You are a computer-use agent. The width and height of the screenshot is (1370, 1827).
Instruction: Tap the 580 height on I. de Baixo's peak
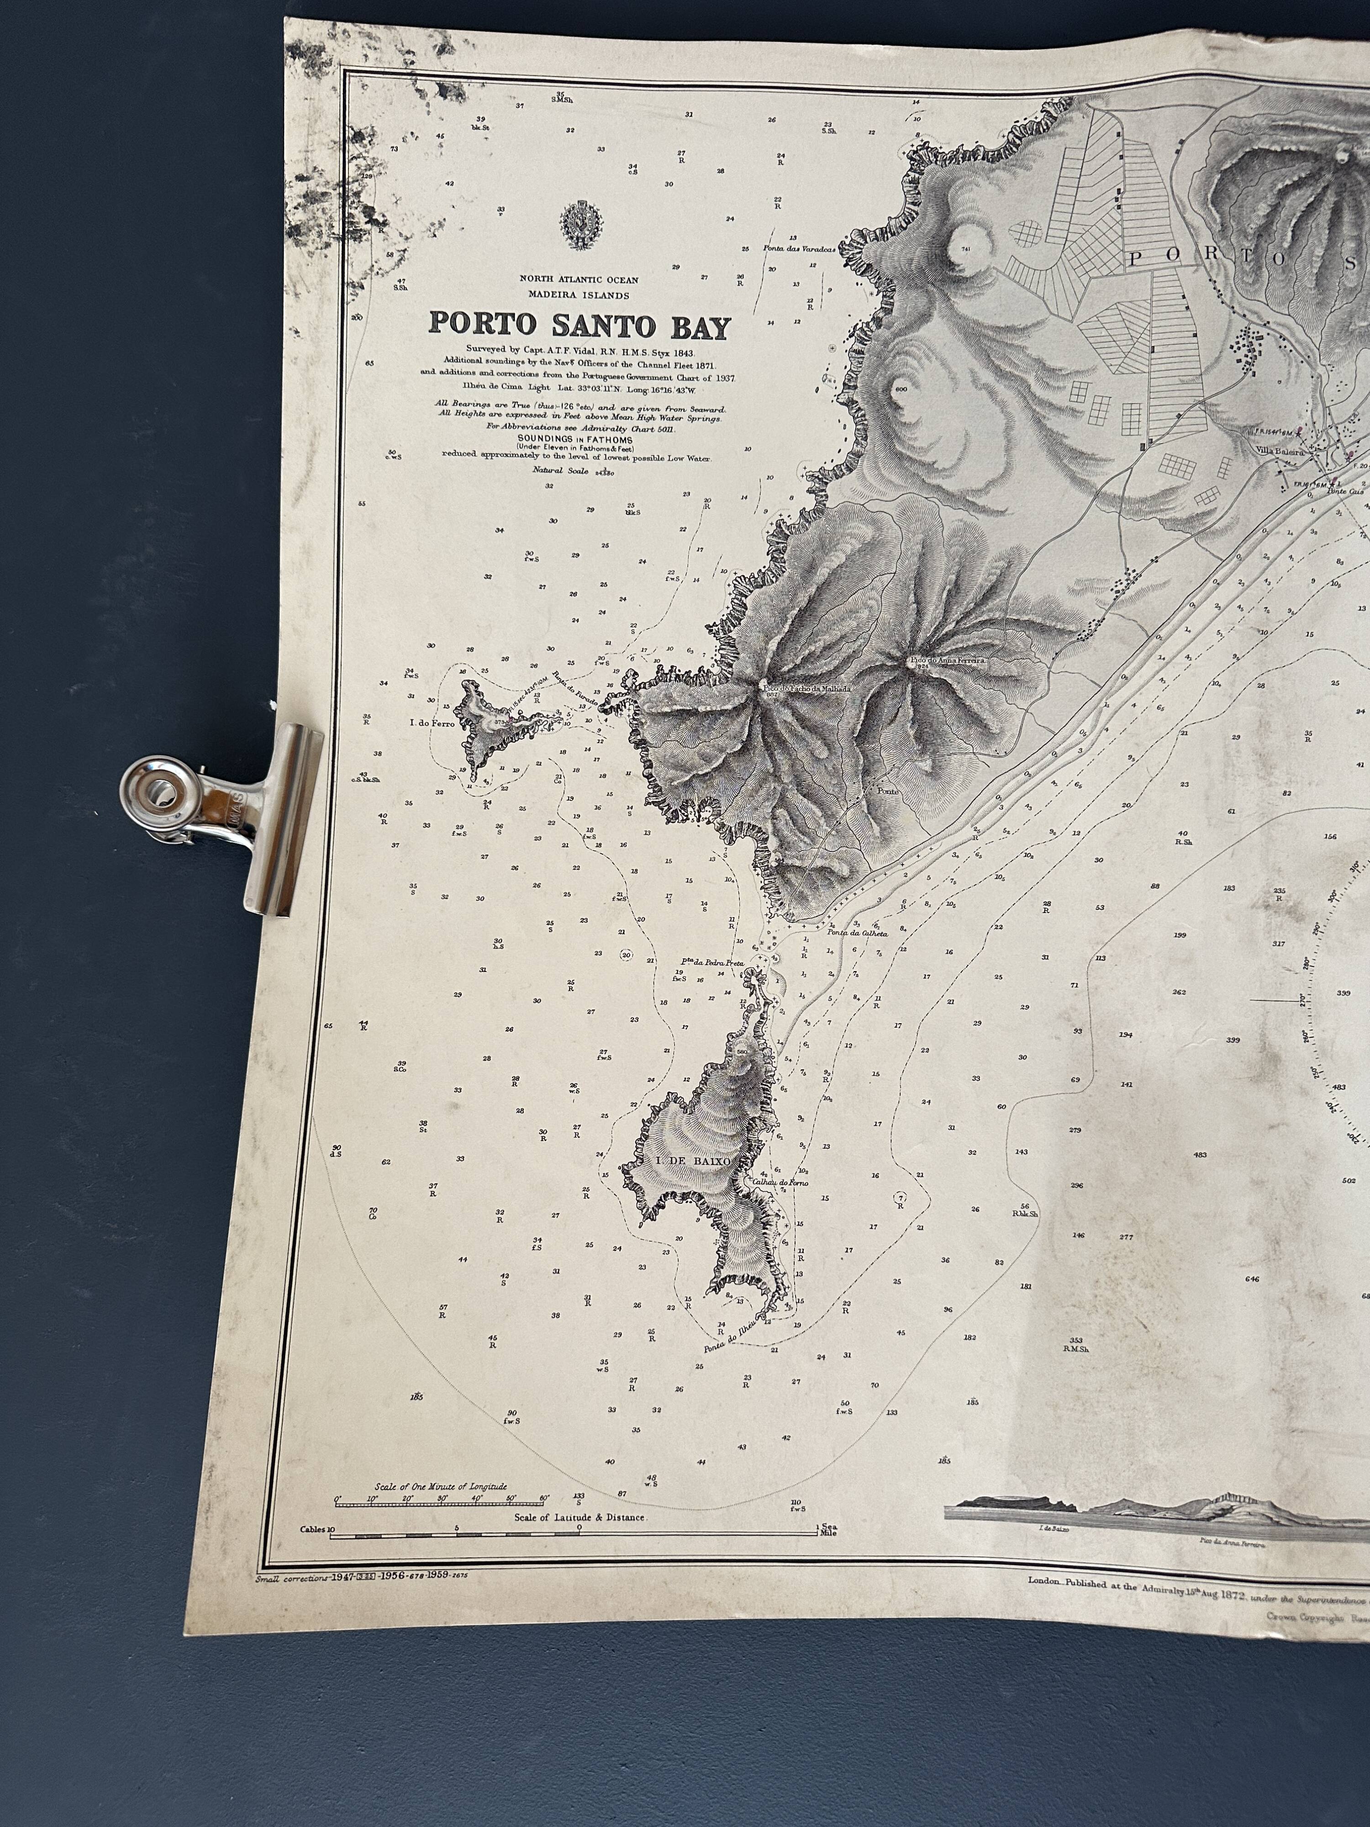coord(742,1051)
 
